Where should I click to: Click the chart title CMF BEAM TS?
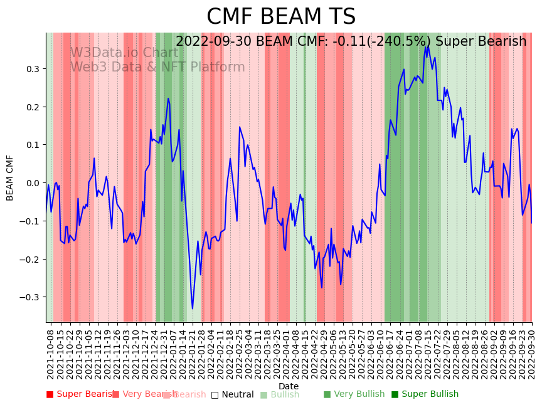coord(281,17)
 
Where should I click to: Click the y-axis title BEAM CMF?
coord(10,178)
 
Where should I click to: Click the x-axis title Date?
coord(289,386)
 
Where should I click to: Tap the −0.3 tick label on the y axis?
coord(31,297)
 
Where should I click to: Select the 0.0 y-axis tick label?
coord(33,183)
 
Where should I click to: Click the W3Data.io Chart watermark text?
coord(124,53)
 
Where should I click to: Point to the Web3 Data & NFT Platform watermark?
coord(157,67)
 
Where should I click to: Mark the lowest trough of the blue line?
coord(193,308)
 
